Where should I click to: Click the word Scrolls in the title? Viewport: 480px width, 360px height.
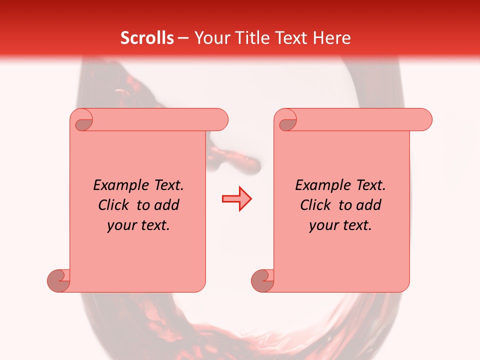coord(147,38)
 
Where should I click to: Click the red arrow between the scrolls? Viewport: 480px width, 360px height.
coord(236,199)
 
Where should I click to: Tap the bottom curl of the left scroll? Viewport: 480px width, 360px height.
coord(58,280)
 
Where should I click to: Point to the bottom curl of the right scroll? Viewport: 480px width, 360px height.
coord(262,280)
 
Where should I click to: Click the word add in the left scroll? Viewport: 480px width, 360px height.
coord(167,205)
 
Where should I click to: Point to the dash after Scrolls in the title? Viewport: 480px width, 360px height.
coord(183,38)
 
